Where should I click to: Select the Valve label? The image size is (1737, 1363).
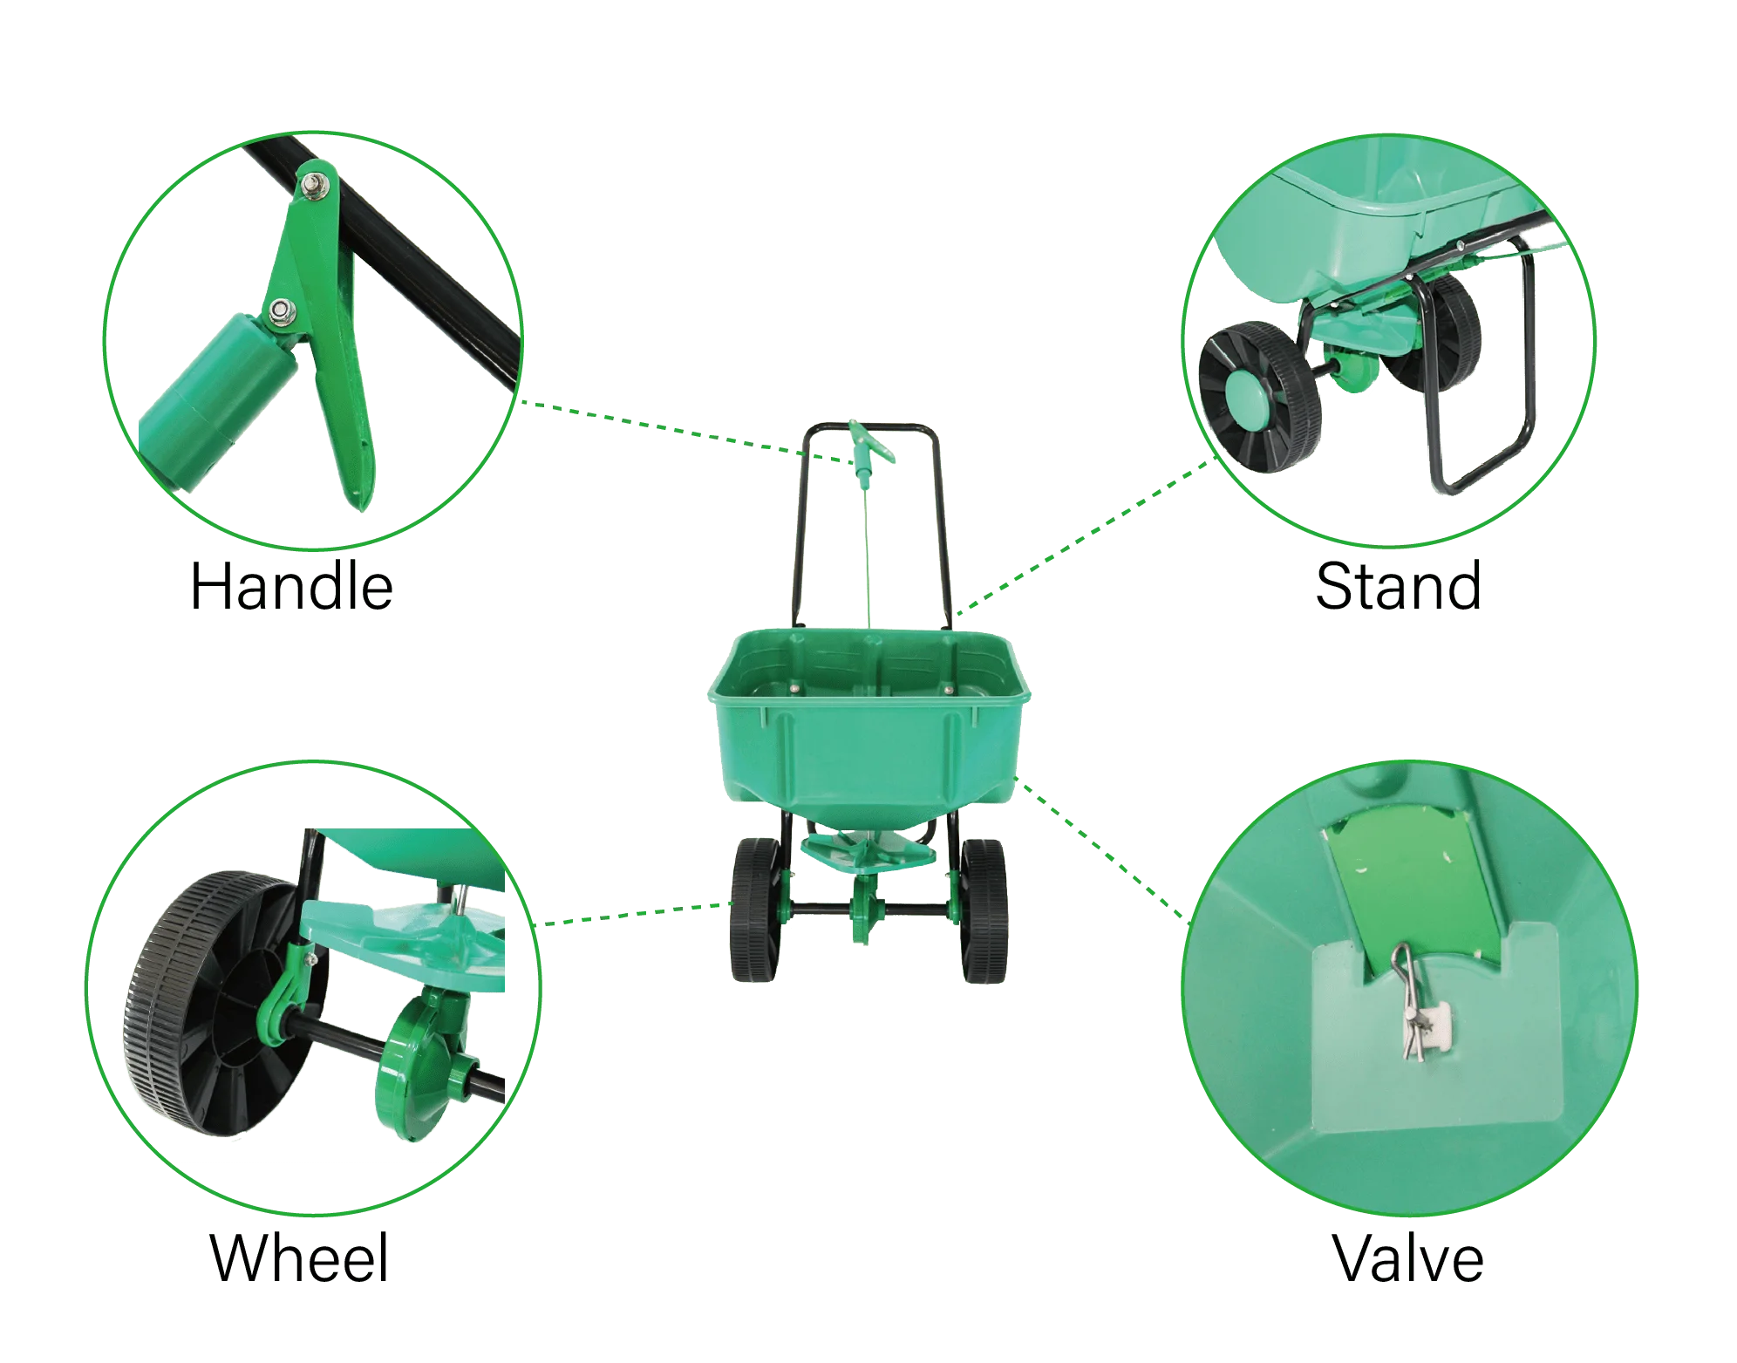[x=1410, y=1256]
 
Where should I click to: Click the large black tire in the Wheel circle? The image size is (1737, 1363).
[x=187, y=1003]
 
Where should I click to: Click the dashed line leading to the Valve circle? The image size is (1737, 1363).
[x=1107, y=850]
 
